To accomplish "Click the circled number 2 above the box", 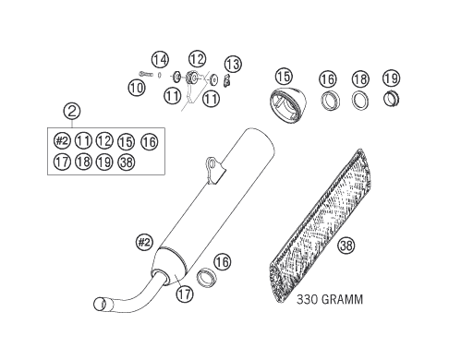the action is pyautogui.click(x=72, y=111).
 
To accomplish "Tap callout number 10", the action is pyautogui.click(x=137, y=88).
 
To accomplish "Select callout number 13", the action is pyautogui.click(x=233, y=65).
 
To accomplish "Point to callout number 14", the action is pyautogui.click(x=160, y=60).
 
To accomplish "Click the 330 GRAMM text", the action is pyautogui.click(x=330, y=299).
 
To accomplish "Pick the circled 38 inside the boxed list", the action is pyautogui.click(x=127, y=162).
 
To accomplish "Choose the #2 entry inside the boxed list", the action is pyautogui.click(x=62, y=141).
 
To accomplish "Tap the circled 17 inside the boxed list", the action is pyautogui.click(x=62, y=162).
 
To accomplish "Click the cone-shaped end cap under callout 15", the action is pyautogui.click(x=288, y=104).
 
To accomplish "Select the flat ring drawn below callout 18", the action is pyautogui.click(x=360, y=101).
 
